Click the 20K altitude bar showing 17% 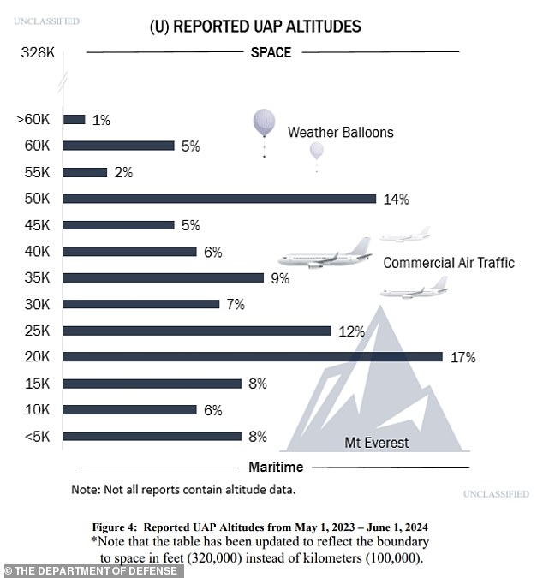pos(253,356)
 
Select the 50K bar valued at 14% pos(220,199)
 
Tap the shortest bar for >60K pos(75,120)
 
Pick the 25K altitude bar pos(197,331)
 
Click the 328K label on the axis pos(38,53)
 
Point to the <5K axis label pos(38,437)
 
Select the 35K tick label pos(39,278)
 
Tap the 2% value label pos(123,173)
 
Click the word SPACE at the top pos(271,53)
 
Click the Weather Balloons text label pos(340,133)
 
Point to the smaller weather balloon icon pos(316,152)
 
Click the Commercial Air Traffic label pos(448,263)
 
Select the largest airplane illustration pos(325,254)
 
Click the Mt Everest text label pos(377,443)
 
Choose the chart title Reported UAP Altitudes pos(255,27)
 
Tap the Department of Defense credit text pos(93,570)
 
